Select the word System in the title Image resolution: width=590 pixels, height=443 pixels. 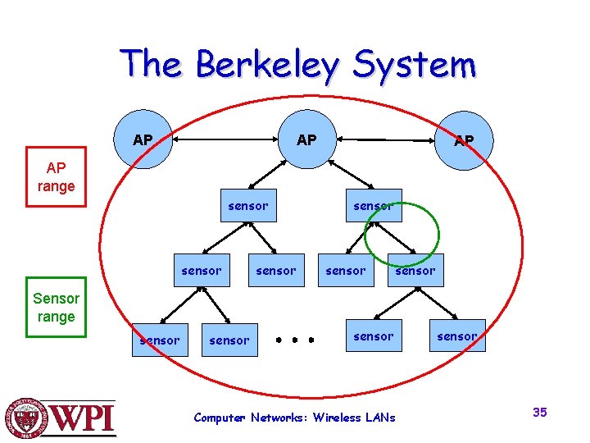coord(414,64)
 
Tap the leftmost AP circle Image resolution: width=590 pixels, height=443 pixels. coord(143,139)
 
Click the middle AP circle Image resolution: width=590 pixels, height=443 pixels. coord(306,139)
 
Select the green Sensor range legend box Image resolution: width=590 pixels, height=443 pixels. coord(56,308)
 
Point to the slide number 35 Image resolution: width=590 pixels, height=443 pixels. coord(539,412)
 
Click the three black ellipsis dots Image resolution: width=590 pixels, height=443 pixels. coord(295,338)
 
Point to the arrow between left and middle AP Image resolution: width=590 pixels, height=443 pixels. coord(223,140)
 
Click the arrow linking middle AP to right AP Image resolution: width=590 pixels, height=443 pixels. coord(385,140)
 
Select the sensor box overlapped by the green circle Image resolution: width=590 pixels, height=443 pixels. coord(373,206)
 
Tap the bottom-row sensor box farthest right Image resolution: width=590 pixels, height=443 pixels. coord(456,336)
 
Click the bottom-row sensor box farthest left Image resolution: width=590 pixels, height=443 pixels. coord(159,340)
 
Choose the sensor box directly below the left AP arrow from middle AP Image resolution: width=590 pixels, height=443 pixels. coord(247,206)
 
